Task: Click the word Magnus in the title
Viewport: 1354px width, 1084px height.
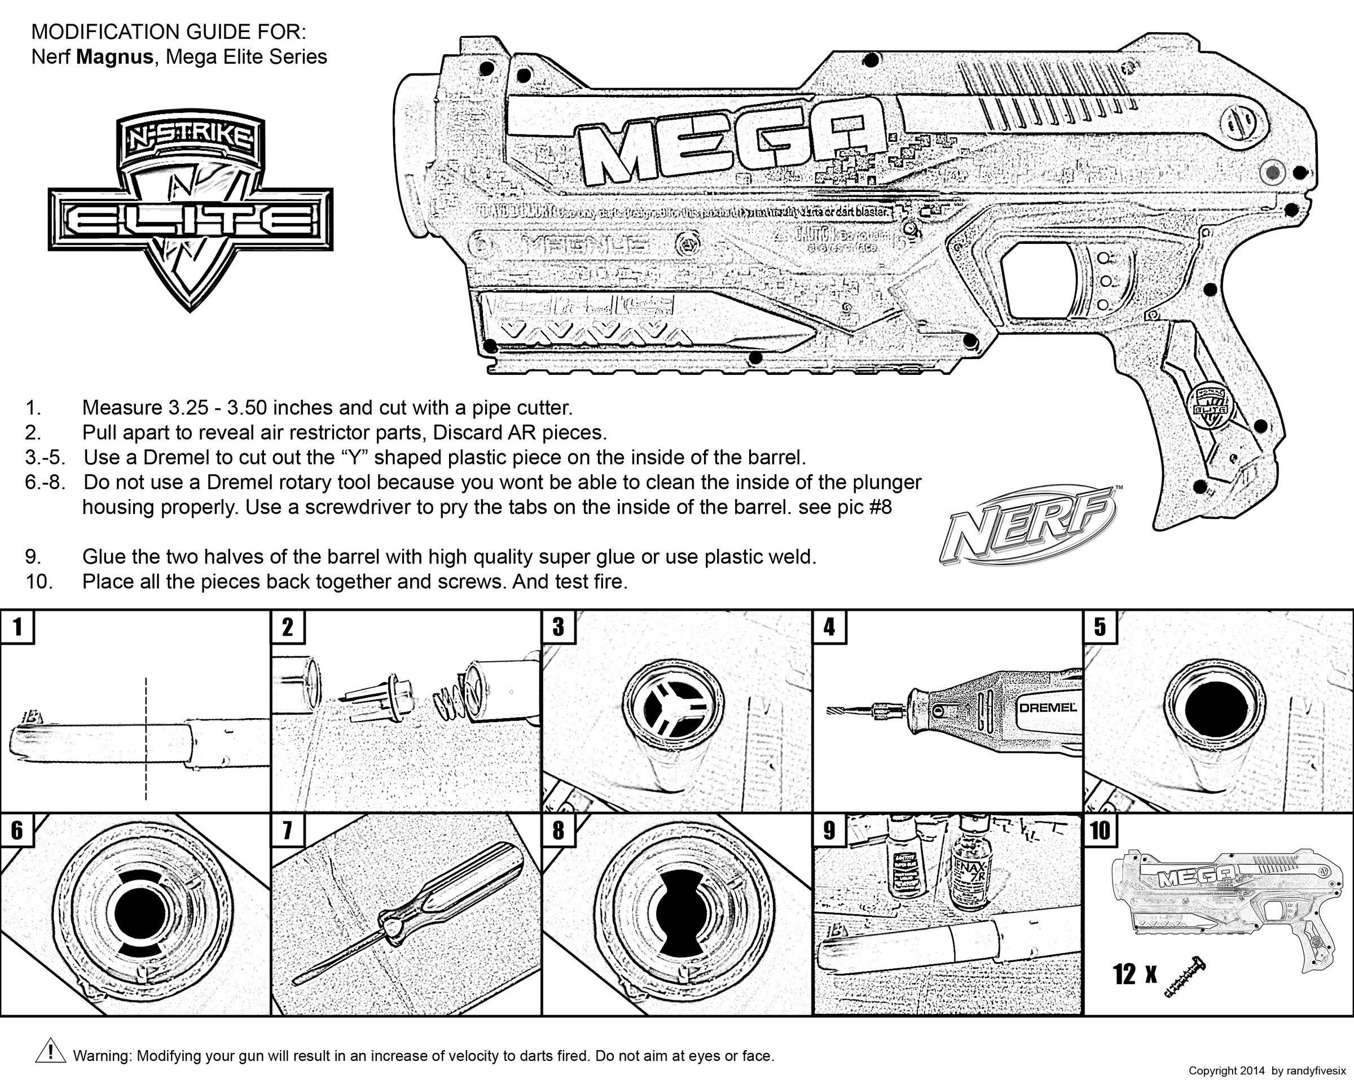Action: click(x=115, y=57)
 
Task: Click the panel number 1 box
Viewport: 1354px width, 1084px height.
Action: click(x=17, y=627)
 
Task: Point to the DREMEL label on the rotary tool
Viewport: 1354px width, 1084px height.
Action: click(x=1047, y=707)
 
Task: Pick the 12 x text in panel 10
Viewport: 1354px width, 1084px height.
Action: click(x=1134, y=974)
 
